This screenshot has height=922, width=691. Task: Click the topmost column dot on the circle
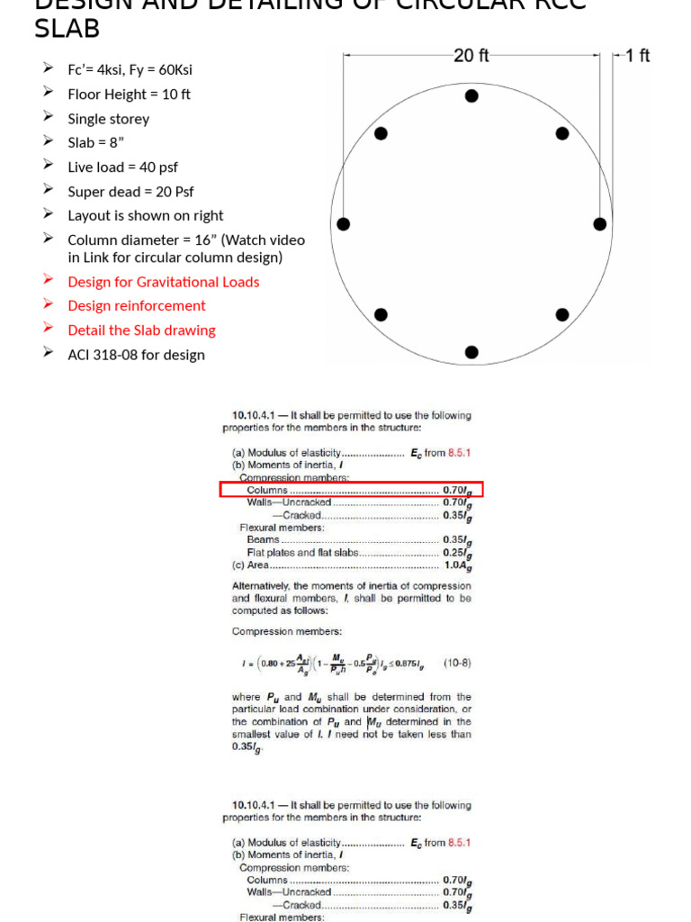pyautogui.click(x=471, y=96)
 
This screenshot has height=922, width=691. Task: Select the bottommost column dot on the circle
pyautogui.click(x=471, y=352)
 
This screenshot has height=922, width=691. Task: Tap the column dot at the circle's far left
pyautogui.click(x=343, y=224)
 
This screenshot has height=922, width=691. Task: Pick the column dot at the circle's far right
pyautogui.click(x=600, y=224)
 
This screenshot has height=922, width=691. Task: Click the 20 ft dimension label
pyautogui.click(x=471, y=56)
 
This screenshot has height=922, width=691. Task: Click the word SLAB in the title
pyautogui.click(x=67, y=29)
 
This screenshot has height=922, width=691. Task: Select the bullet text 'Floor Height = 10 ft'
pyautogui.click(x=129, y=94)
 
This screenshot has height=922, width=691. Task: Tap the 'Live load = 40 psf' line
pyautogui.click(x=122, y=167)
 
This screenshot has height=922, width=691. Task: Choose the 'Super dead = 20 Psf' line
pyautogui.click(x=130, y=191)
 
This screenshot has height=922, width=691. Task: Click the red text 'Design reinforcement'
pyautogui.click(x=137, y=305)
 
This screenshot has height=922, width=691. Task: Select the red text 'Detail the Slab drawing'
pyautogui.click(x=141, y=330)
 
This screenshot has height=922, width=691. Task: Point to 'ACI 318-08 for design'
pyautogui.click(x=136, y=354)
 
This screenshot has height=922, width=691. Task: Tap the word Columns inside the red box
pyautogui.click(x=267, y=490)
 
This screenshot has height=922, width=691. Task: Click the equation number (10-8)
pyautogui.click(x=456, y=663)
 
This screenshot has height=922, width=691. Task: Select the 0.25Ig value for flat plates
pyautogui.click(x=457, y=553)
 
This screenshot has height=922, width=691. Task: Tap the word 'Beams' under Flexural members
pyautogui.click(x=263, y=539)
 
